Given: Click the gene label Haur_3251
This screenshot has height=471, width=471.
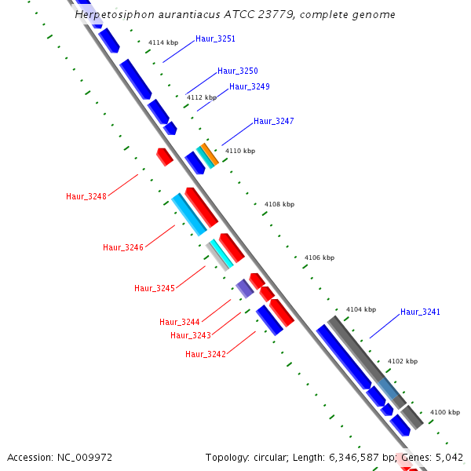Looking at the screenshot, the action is [x=215, y=38].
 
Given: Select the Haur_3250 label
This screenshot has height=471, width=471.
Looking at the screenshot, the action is [x=238, y=71].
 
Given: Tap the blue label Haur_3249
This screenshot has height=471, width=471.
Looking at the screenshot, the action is [x=250, y=86].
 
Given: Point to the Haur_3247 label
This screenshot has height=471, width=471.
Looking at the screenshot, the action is [x=274, y=121].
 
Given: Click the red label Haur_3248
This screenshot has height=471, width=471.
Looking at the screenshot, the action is [x=86, y=196].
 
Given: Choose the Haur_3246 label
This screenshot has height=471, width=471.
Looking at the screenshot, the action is [x=123, y=247].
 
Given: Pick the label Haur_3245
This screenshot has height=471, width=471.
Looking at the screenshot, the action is [x=155, y=288].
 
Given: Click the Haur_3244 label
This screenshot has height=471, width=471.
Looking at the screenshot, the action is [x=180, y=322].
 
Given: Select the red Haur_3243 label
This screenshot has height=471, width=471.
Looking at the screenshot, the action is [x=191, y=336].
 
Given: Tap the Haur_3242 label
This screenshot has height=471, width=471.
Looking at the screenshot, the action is [x=206, y=354].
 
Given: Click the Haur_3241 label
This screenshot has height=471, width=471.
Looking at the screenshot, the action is [x=420, y=312].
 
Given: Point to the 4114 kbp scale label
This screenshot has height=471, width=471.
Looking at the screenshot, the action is [x=163, y=42].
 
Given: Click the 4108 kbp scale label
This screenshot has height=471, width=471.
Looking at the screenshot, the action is [x=279, y=204].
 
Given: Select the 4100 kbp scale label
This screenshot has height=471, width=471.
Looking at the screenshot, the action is [x=445, y=412].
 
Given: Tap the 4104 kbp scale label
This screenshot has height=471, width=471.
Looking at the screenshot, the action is [x=361, y=309].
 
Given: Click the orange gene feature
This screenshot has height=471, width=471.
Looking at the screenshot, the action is [x=210, y=154].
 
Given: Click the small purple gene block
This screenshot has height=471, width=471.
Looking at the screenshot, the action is [x=245, y=288].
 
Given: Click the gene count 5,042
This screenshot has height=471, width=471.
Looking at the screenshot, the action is [x=449, y=457].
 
